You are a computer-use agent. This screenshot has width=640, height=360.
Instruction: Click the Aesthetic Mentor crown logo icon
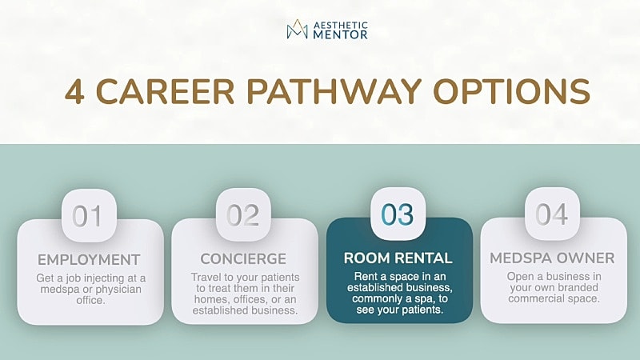298,30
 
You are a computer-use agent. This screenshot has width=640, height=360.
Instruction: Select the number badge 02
243,215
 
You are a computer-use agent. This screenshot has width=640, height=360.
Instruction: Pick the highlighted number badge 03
398,215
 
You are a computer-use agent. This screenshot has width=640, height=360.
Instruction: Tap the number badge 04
552,215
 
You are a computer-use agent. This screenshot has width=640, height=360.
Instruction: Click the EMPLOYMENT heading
89,259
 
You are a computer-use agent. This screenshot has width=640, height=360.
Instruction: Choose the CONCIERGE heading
243,259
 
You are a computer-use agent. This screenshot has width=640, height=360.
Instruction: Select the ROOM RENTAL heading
398,258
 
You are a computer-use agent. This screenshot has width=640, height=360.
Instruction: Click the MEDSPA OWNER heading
552,258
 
